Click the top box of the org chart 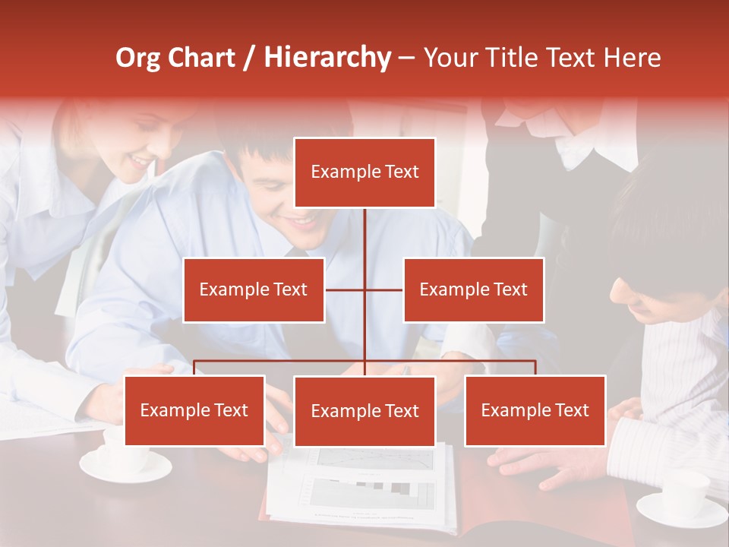pyautogui.click(x=364, y=172)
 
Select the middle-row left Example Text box pyautogui.click(x=254, y=289)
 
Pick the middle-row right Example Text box pyautogui.click(x=473, y=289)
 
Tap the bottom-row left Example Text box pyautogui.click(x=194, y=410)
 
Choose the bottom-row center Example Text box pyautogui.click(x=364, y=411)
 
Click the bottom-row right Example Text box pyautogui.click(x=535, y=410)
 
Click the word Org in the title pyautogui.click(x=138, y=58)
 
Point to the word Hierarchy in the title pyautogui.click(x=327, y=58)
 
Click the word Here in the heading pyautogui.click(x=632, y=58)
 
